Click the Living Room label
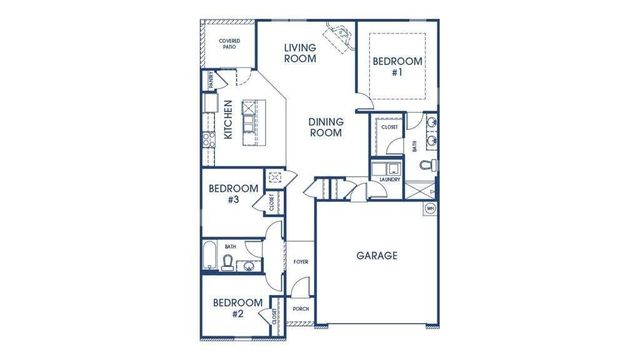(300, 52)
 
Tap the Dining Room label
(326, 127)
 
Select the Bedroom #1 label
(397, 66)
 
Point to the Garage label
(377, 256)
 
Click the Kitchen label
(228, 120)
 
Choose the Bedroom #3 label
(233, 194)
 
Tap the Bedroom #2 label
(238, 308)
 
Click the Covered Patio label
(229, 44)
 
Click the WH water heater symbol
(430, 208)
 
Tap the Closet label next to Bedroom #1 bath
(389, 128)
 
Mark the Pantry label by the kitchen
(210, 80)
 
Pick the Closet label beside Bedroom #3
(271, 202)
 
